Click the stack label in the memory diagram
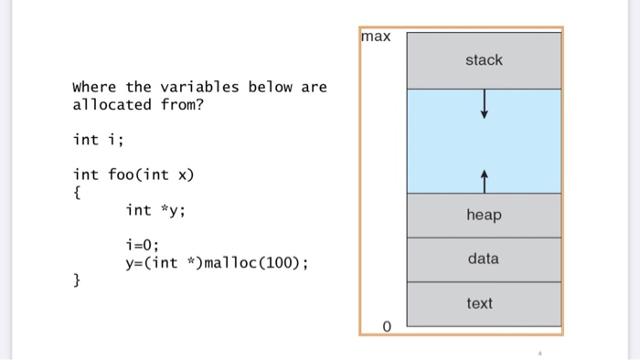point(484,60)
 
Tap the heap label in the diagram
point(484,215)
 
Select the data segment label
point(484,259)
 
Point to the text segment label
point(480,303)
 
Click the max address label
point(376,37)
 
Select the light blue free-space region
point(439,142)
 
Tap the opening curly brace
point(76,192)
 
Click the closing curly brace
point(76,281)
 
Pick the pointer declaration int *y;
point(155,210)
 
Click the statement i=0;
point(143,245)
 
